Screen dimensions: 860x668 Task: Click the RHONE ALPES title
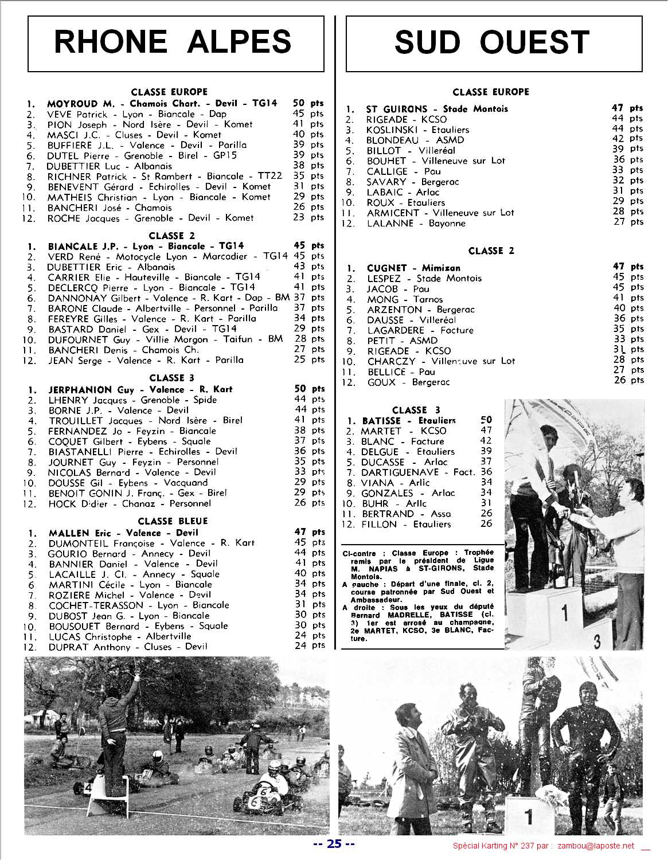point(173,42)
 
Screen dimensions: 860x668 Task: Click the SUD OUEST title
point(491,42)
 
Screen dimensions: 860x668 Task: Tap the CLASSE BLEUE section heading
point(173,521)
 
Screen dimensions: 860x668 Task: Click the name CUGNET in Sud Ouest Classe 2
point(387,268)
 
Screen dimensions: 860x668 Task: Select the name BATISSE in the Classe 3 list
point(381,421)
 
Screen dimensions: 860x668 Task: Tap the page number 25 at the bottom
point(334,843)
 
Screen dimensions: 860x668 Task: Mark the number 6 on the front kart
point(263,792)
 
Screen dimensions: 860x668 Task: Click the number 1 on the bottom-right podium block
point(529,816)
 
